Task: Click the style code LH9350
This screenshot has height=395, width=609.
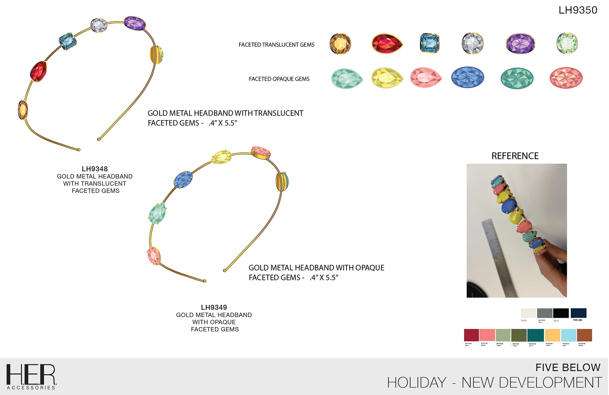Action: click(x=578, y=10)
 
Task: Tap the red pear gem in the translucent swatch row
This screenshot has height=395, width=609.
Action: click(x=387, y=44)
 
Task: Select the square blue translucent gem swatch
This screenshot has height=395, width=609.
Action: click(x=429, y=43)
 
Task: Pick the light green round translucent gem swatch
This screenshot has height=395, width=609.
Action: click(x=567, y=43)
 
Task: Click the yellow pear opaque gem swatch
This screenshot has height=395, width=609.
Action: click(x=387, y=78)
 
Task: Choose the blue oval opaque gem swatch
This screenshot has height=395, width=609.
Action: click(x=468, y=77)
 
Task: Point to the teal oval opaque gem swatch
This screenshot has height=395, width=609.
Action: click(x=517, y=78)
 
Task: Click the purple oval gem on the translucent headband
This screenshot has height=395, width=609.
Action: click(x=134, y=23)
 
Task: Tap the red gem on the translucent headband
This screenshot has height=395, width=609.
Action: click(x=38, y=72)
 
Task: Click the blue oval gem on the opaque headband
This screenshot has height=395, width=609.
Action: click(x=183, y=180)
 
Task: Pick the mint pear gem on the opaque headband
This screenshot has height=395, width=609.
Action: click(x=157, y=214)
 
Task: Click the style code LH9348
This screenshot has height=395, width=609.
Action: click(x=95, y=169)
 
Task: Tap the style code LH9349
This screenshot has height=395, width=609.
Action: click(x=214, y=308)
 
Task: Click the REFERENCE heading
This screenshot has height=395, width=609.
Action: click(x=515, y=156)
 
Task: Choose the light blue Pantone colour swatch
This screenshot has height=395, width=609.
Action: click(x=568, y=335)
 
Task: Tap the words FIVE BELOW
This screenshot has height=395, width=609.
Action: click(x=567, y=368)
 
